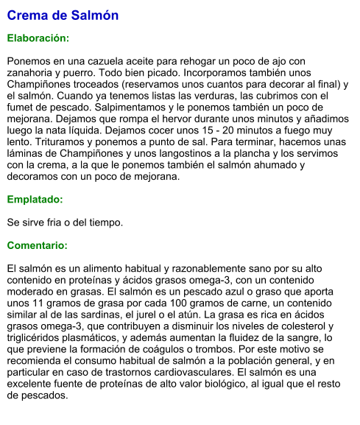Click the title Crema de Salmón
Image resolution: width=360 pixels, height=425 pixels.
[63, 15]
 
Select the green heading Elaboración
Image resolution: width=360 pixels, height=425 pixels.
[38, 38]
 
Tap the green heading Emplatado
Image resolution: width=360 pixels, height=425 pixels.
[35, 199]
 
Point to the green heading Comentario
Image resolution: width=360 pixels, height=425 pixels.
[38, 245]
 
